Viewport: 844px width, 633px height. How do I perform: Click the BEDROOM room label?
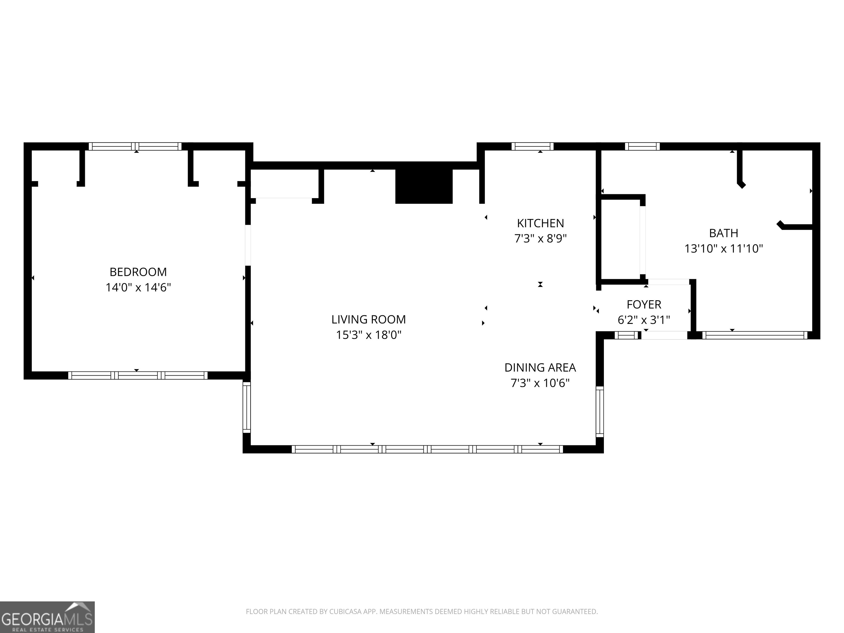pos(138,272)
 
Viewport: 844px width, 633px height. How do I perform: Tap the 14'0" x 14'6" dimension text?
pos(138,287)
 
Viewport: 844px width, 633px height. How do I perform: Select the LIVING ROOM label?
pos(369,319)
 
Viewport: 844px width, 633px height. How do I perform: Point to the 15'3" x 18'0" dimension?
pos(369,335)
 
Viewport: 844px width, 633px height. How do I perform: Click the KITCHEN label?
pos(540,223)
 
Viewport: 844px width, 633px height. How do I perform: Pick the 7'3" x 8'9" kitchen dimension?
pos(540,238)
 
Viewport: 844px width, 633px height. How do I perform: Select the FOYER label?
pos(644,304)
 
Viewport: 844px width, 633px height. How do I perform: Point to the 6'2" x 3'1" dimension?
pos(644,320)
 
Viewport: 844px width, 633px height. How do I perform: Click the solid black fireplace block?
pos(424,187)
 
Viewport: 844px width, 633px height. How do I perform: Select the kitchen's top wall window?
pos(532,146)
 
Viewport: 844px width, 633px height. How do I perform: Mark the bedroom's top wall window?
pos(135,146)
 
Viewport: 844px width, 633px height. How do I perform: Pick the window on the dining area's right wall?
pos(600,412)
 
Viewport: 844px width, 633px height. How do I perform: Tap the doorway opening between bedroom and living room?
pos(248,245)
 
